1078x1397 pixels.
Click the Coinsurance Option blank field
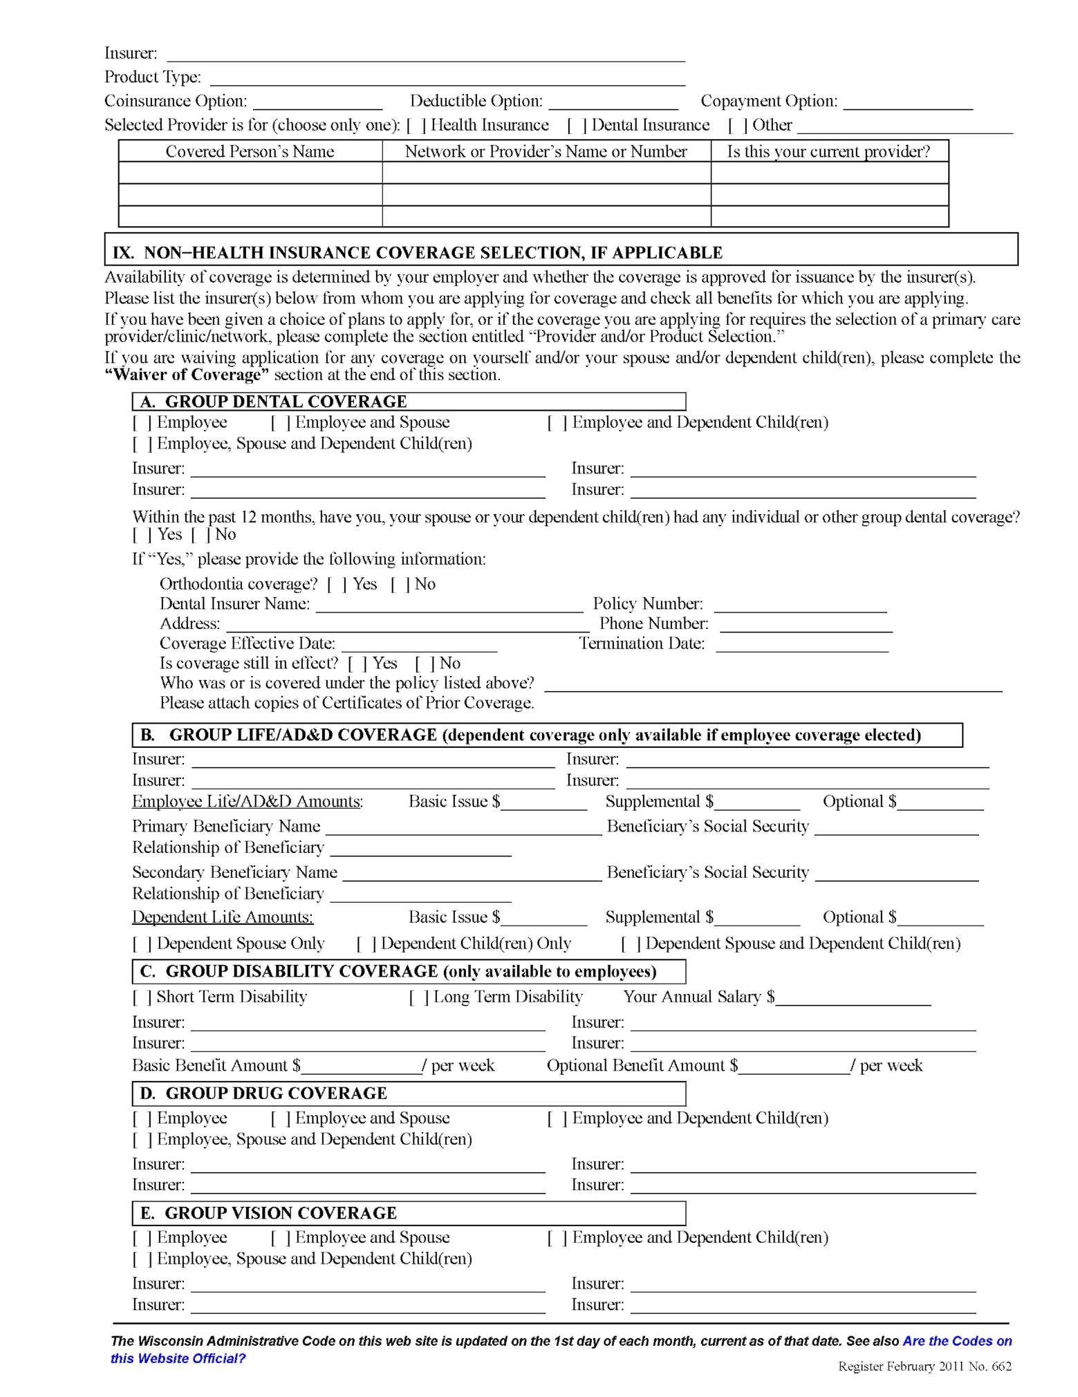[x=317, y=102]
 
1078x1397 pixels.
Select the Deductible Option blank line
[x=613, y=102]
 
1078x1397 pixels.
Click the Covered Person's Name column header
[x=250, y=151]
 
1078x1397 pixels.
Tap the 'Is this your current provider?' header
[x=828, y=151]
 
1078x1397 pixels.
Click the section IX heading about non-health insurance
[x=418, y=252]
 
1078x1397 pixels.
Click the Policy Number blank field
[x=800, y=606]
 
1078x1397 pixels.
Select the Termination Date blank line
[x=801, y=645]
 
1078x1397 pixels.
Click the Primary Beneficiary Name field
[x=463, y=828]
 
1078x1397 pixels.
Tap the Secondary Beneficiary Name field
[x=472, y=874]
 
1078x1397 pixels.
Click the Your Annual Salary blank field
[x=853, y=998]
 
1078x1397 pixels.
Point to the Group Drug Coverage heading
[x=277, y=1093]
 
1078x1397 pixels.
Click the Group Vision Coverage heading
[x=281, y=1213]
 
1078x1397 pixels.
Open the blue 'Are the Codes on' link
[x=957, y=1341]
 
